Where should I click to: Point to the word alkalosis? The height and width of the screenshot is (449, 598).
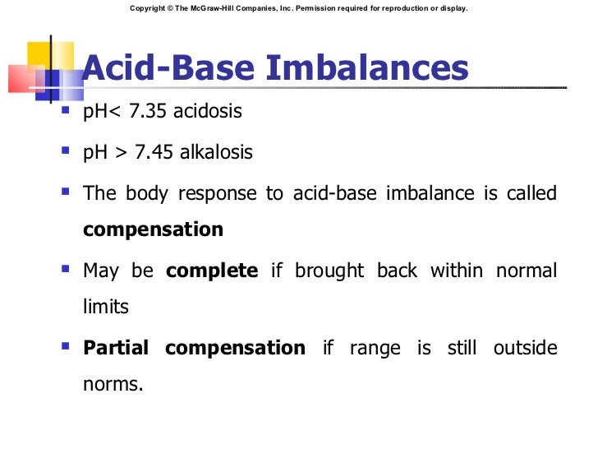pos(218,152)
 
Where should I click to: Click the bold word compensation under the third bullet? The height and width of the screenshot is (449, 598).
pos(153,229)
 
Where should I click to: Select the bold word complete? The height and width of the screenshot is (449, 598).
pos(212,271)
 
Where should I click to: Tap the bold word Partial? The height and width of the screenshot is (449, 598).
pos(116,348)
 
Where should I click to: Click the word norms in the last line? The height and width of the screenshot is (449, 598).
pos(113,383)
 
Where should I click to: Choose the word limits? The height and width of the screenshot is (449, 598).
pos(106,306)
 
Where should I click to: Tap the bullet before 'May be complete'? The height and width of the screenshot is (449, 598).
pos(66,268)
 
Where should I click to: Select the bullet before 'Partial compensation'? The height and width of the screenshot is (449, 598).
pos(66,345)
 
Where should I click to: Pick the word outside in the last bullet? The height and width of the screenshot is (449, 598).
pos(525,348)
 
